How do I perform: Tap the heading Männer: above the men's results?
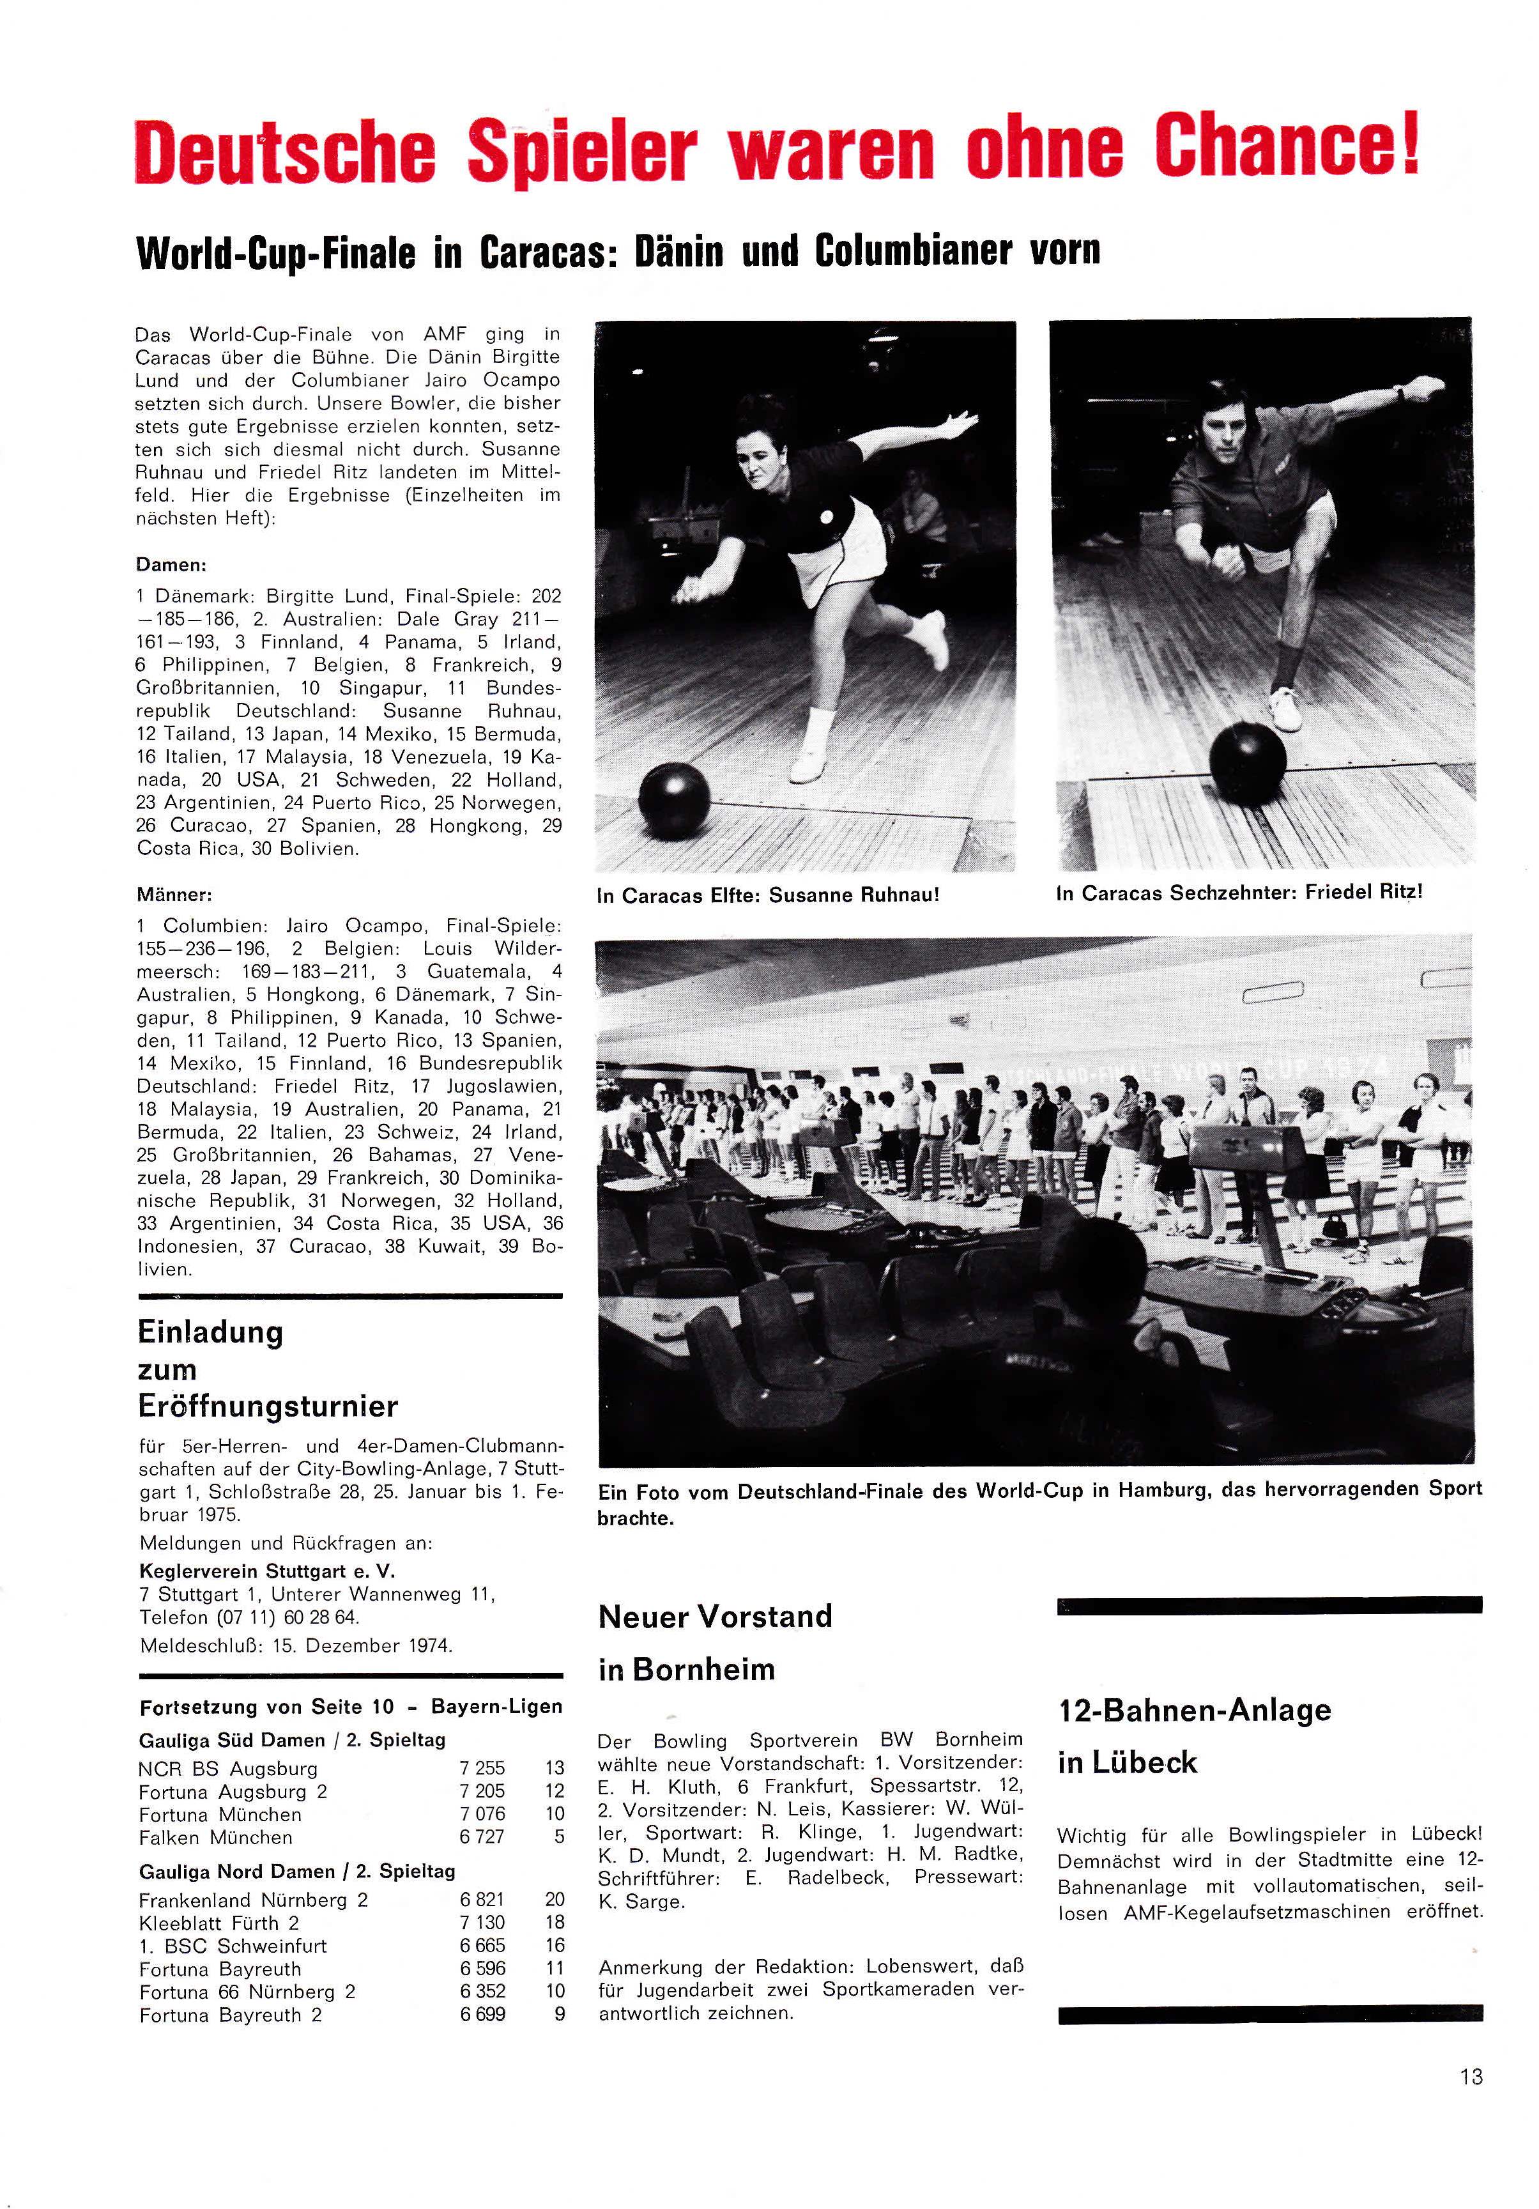click(175, 895)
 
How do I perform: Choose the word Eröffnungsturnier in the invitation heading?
click(268, 1406)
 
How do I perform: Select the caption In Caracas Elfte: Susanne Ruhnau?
click(767, 896)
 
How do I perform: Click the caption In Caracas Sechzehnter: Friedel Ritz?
click(1239, 893)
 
